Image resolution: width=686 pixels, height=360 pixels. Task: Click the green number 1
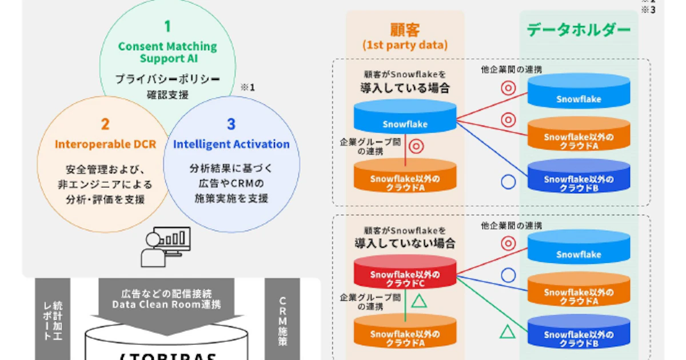tap(167, 26)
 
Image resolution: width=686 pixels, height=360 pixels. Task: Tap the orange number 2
tap(105, 124)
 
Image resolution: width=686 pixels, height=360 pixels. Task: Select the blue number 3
tap(231, 124)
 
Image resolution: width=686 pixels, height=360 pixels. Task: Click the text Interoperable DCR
tap(105, 144)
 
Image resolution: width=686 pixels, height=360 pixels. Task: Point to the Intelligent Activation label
tap(231, 144)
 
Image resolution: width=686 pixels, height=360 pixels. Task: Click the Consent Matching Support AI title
tap(167, 52)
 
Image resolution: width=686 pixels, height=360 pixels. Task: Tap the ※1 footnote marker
tap(247, 87)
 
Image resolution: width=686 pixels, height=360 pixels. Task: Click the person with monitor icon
tap(165, 247)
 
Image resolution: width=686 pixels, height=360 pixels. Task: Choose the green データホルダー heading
tap(579, 30)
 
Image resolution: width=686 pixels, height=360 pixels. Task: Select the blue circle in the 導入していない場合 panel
tap(508, 275)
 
